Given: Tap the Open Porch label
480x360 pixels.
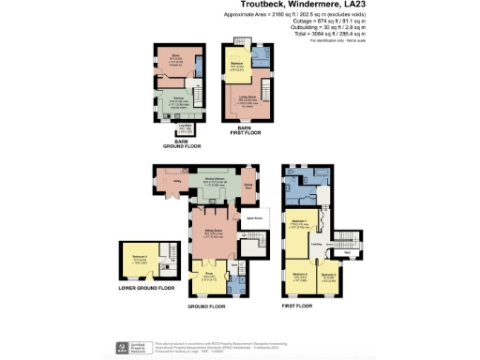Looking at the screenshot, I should point(253,218).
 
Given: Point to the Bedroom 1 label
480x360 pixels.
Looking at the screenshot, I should point(301,224).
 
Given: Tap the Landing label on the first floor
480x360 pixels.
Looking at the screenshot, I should point(317,247).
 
